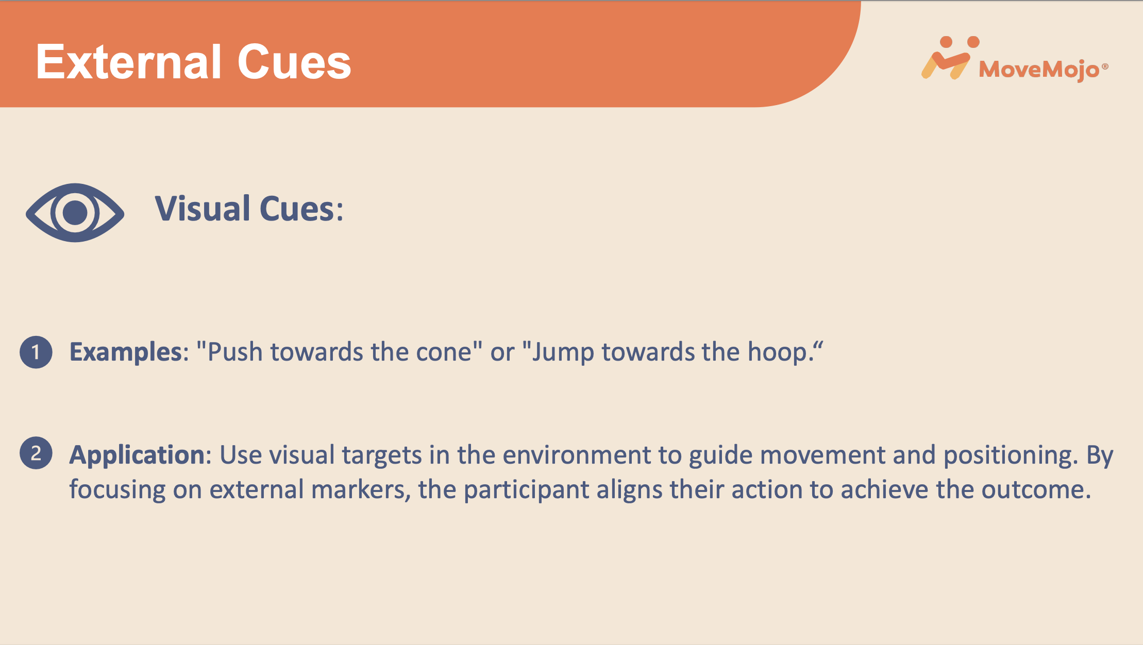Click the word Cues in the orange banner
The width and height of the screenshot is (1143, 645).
(294, 62)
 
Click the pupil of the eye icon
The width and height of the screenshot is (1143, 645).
(75, 212)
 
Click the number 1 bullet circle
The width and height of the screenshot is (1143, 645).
(36, 352)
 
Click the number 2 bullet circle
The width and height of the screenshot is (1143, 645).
(36, 453)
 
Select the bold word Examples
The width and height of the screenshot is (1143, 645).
(126, 353)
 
